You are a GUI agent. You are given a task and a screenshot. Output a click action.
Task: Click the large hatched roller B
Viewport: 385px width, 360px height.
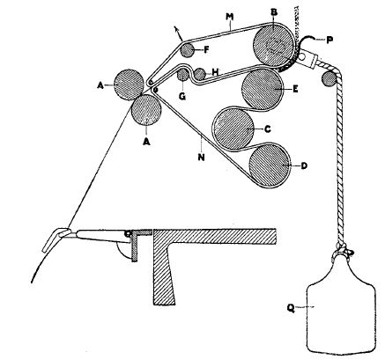[273, 45]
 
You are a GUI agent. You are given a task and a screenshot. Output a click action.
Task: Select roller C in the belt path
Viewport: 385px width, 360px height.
[233, 129]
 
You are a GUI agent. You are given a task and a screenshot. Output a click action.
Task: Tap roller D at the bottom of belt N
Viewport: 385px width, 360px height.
[269, 165]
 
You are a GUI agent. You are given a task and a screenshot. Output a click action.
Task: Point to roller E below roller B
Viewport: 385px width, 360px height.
[262, 90]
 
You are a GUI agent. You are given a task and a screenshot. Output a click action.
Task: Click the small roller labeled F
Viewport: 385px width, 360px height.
[188, 50]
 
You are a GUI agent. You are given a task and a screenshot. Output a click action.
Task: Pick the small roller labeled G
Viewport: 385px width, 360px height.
[183, 76]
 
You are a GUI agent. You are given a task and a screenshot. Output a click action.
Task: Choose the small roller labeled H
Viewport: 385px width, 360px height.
[200, 74]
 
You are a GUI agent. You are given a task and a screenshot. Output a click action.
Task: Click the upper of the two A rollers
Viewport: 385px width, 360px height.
[129, 84]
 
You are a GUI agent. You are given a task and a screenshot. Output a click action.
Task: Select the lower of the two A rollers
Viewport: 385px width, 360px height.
[146, 110]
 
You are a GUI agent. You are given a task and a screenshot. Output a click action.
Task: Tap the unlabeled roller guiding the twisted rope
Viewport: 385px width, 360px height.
[329, 79]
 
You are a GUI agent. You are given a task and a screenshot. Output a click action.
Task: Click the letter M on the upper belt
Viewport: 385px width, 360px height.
[230, 17]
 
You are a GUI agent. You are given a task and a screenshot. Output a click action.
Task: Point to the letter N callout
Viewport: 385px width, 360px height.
[201, 158]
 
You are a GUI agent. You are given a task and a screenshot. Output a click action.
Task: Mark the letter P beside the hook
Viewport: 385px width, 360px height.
[329, 40]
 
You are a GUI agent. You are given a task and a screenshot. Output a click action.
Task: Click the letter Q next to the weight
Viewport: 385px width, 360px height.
[291, 308]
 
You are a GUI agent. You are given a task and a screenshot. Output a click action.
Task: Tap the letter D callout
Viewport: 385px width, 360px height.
[304, 165]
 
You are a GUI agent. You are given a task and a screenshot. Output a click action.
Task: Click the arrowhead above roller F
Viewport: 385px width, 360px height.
[176, 28]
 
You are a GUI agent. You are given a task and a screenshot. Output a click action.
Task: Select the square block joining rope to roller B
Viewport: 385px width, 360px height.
[307, 58]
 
